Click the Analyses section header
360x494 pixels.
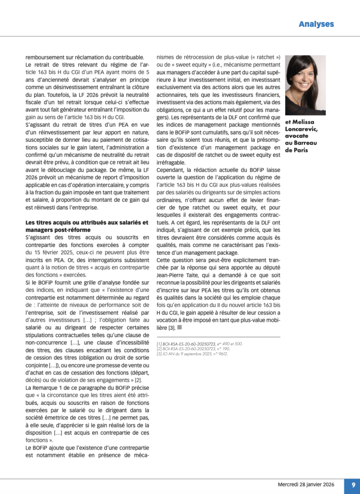click(x=316, y=24)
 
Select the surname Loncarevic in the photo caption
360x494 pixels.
click(x=302, y=129)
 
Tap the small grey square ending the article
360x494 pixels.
click(x=180, y=328)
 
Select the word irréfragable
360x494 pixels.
click(x=173, y=162)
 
